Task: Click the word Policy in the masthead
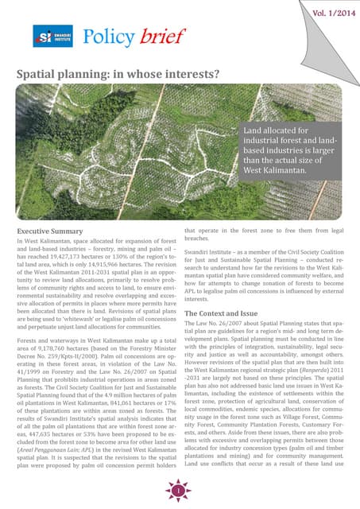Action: tap(107, 37)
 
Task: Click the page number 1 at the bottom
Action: tap(179, 494)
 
